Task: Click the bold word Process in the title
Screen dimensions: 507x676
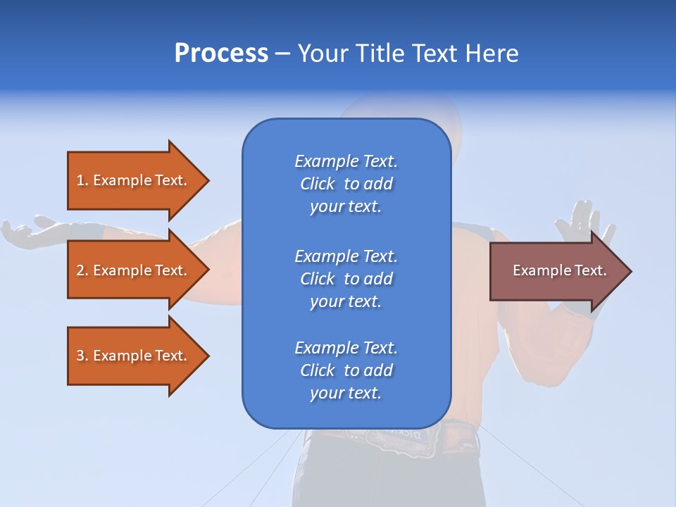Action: coord(221,54)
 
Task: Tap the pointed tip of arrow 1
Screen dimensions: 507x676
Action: coord(207,180)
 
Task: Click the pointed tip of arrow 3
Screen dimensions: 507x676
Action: coord(207,356)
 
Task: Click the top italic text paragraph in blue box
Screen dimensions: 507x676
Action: coord(346,183)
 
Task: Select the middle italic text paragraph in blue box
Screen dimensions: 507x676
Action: coord(346,278)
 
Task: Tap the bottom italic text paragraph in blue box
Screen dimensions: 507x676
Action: coord(346,370)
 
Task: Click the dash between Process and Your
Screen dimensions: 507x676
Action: coord(282,54)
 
